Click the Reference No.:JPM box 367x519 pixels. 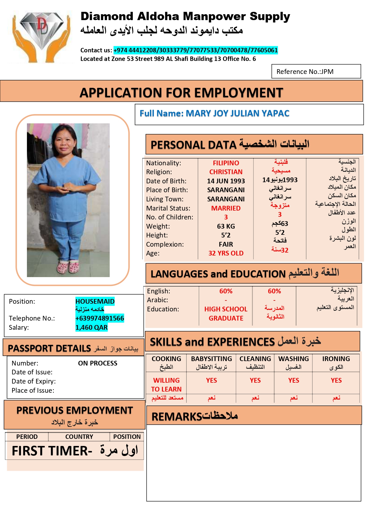tap(316, 72)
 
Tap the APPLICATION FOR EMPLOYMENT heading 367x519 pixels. tap(181, 93)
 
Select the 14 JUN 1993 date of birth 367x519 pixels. tap(226, 181)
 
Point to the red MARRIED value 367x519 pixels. tap(226, 208)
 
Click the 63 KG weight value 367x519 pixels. tap(226, 226)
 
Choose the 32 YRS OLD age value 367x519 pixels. tap(226, 253)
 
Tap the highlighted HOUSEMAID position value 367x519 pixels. tap(95, 301)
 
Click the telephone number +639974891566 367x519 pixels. tap(100, 318)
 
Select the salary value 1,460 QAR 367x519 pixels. tap(91, 327)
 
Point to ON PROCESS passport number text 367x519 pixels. tap(98, 363)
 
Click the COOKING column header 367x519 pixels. tap(166, 359)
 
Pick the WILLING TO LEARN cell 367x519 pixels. tap(166, 385)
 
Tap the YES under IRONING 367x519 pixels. tap(336, 380)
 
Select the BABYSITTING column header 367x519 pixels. tap(211, 359)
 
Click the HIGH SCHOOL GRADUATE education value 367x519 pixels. tap(226, 313)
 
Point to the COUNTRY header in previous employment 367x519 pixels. tap(79, 437)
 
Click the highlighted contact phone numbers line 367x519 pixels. tap(195, 50)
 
